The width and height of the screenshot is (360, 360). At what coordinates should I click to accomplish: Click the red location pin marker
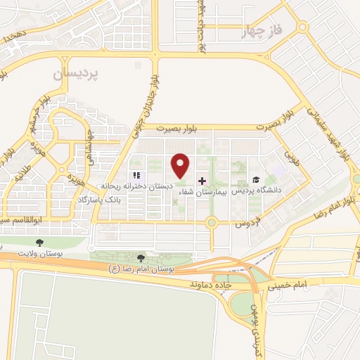click(x=181, y=165)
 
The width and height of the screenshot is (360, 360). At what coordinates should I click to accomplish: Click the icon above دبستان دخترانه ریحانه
click(x=135, y=175)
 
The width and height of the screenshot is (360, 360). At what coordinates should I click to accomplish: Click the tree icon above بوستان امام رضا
click(x=143, y=259)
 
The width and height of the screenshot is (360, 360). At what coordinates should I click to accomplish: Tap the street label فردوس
click(x=243, y=224)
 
